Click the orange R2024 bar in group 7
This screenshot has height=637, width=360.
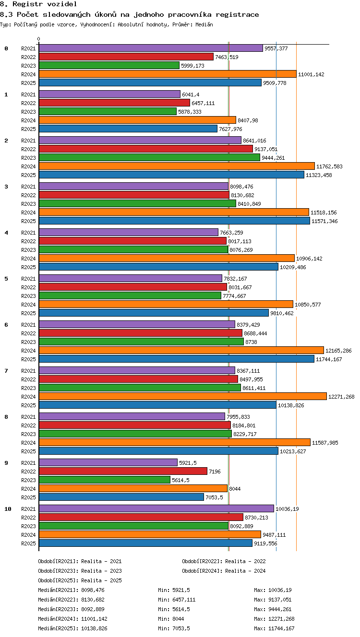click(x=183, y=396)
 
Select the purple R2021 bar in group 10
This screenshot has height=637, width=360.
click(x=156, y=509)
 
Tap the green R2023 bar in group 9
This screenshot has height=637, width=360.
click(x=105, y=480)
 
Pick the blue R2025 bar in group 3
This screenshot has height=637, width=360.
click(x=174, y=221)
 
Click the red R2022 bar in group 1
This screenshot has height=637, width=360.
click(x=114, y=103)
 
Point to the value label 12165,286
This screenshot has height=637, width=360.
click(x=338, y=351)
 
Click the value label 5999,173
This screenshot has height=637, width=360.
click(x=192, y=66)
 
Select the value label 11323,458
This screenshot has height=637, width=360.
click(x=319, y=175)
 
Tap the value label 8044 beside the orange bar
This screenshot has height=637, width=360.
click(x=235, y=489)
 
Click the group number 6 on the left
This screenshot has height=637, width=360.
click(x=6, y=325)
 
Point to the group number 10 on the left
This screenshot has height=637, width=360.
click(x=8, y=509)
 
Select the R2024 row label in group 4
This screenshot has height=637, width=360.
click(x=28, y=259)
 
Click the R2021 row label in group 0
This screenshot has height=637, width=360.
click(x=28, y=48)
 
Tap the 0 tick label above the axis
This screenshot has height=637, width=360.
click(x=39, y=39)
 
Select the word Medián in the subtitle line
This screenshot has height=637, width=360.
click(x=204, y=24)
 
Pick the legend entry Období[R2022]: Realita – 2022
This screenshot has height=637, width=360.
click(x=224, y=561)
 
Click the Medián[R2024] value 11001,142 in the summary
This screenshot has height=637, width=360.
click(x=94, y=619)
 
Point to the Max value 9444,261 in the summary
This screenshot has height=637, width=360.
click(x=280, y=609)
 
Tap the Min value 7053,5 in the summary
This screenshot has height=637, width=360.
click(x=181, y=628)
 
